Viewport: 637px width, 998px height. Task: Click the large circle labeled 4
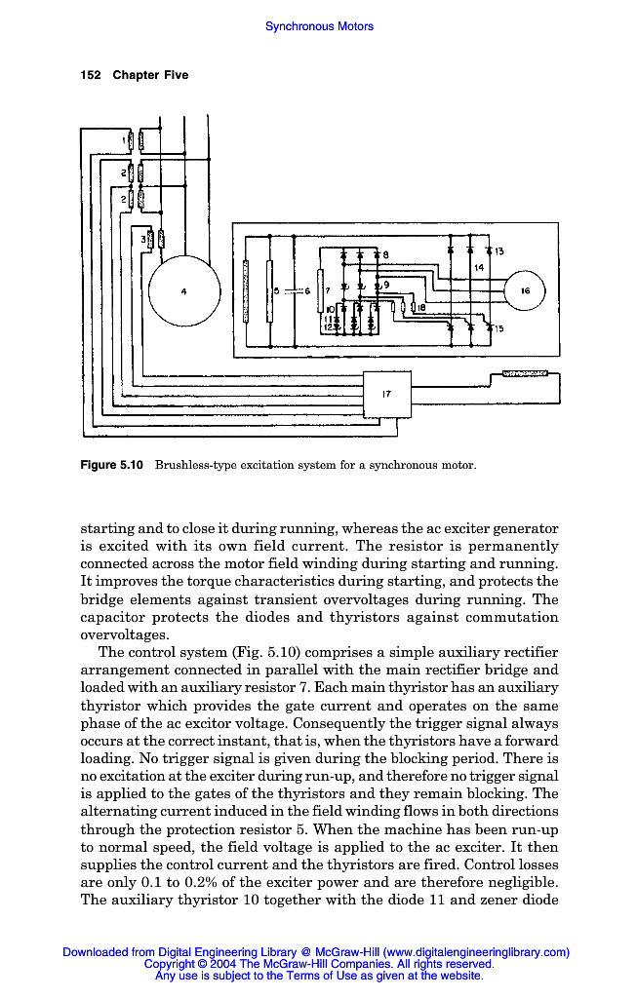pos(184,290)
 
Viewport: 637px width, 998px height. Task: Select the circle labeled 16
pos(525,290)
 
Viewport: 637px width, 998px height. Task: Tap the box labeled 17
pos(387,394)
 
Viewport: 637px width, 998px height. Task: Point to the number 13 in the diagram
pos(498,252)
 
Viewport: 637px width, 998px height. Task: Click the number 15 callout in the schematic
pos(498,328)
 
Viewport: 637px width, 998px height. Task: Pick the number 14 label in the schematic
pos(479,267)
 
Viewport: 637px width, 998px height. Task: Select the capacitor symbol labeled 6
pos(290,290)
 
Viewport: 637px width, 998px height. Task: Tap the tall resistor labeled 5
pos(268,290)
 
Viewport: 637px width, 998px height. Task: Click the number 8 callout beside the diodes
pos(385,255)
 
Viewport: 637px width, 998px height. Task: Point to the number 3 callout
pos(143,238)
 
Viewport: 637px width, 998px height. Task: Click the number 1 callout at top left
pos(124,140)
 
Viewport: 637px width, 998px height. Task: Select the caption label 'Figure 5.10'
pos(111,465)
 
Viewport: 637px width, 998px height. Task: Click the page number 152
pos(90,75)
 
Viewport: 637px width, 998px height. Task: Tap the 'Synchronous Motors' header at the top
pos(319,26)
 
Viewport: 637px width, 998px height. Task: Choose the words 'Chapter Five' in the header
pos(150,75)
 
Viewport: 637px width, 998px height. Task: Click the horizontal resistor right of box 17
pos(524,373)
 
